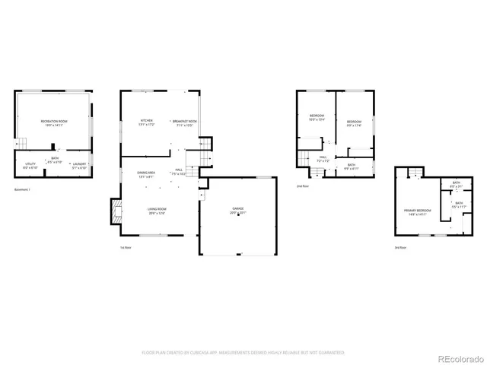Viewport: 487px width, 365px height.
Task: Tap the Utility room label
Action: coord(30,164)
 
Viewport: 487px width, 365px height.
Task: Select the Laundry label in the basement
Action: coord(78,164)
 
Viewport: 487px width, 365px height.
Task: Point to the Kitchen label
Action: coord(146,122)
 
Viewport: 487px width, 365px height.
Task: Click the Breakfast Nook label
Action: coord(185,122)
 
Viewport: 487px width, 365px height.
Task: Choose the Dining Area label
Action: coord(146,173)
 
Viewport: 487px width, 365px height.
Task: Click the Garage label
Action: coord(238,210)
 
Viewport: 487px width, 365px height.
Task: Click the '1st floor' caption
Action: coord(126,248)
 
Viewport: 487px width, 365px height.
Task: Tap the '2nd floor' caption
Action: coord(303,185)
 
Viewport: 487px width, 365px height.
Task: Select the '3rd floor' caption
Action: coord(400,248)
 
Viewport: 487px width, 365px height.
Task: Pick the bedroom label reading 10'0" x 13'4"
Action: coord(317,118)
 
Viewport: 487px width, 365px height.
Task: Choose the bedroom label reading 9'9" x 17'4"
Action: coord(355,123)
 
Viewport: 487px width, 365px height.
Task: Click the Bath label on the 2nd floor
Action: coord(351,166)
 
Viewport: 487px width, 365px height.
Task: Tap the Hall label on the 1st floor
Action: coord(179,171)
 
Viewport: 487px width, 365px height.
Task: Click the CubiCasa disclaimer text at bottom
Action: coord(243,353)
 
